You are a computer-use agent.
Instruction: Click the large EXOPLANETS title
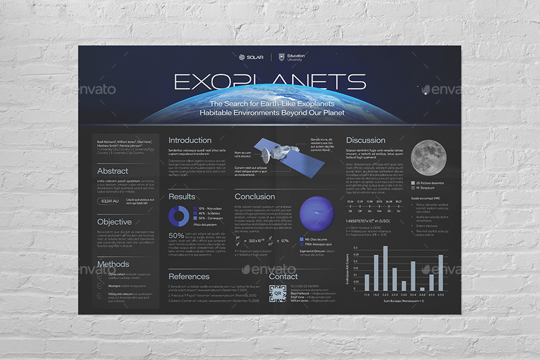coord(270,82)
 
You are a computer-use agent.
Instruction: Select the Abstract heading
coord(113,171)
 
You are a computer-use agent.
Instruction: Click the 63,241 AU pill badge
coord(110,200)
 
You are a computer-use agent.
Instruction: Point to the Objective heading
coord(114,222)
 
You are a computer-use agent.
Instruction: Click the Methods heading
coord(113,264)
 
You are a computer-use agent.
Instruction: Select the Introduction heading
coord(190,140)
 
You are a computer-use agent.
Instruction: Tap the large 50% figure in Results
coord(176,236)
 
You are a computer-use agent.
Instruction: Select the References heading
coord(189,277)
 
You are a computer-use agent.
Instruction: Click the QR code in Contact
coord(277,295)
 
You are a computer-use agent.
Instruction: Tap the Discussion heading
coord(365,140)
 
